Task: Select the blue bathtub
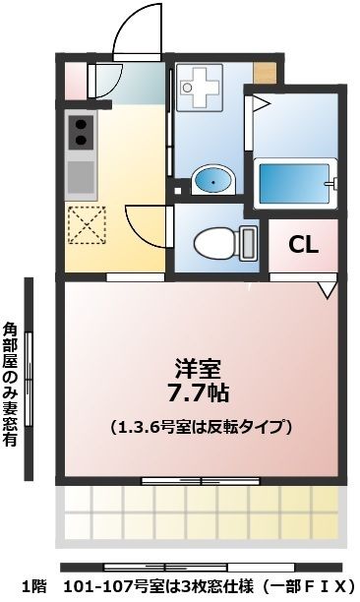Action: (293, 180)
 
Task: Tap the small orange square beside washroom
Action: (264, 72)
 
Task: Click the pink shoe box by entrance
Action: (74, 80)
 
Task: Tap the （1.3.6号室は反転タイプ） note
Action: (202, 427)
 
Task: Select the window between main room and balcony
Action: (187, 481)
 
